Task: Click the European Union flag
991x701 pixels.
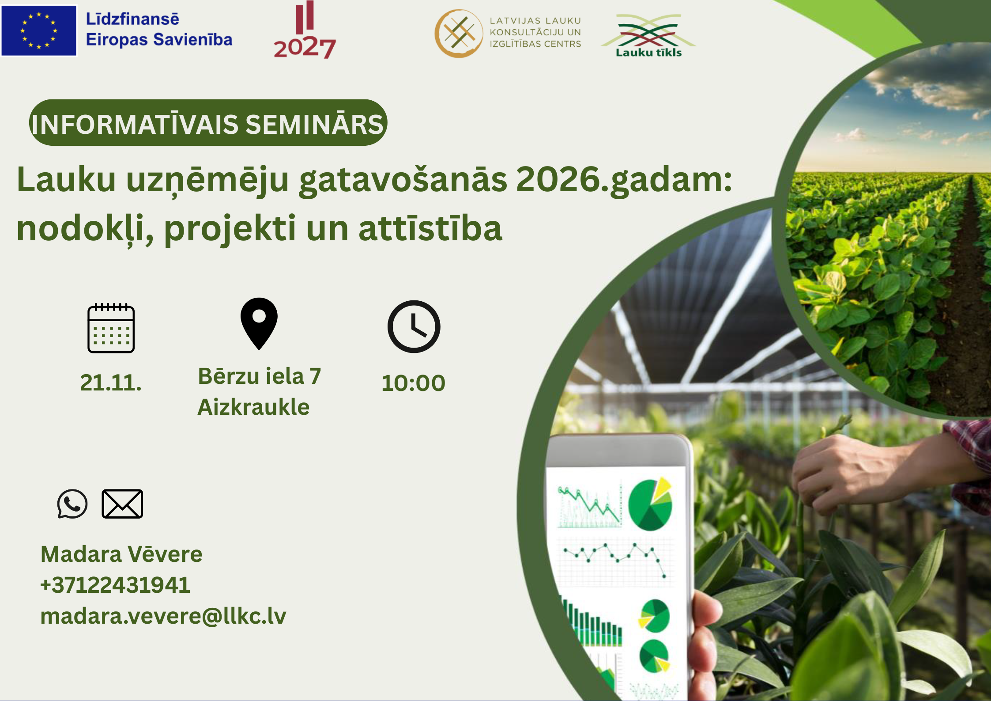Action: coord(39,30)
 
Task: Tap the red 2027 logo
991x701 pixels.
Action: coord(305,30)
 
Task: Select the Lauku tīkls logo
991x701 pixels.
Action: coord(648,36)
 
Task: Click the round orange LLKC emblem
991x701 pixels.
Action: coord(459,34)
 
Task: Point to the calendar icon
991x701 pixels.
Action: coord(111,328)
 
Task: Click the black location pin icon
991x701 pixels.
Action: coord(259,324)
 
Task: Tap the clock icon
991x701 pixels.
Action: coord(414,327)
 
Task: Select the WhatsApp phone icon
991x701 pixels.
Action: coord(72,504)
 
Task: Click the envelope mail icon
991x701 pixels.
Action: coord(122,504)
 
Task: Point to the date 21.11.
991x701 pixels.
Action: coord(111,383)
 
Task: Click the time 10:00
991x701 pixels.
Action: coord(414,383)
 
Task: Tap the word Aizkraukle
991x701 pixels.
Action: coord(253,407)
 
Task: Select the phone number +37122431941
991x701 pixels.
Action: coord(115,585)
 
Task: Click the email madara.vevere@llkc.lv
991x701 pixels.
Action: coord(163,616)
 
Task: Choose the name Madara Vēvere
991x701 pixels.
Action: coord(121,554)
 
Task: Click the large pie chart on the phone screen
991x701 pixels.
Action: coord(650,504)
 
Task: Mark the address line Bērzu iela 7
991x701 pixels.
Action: coord(260,376)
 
